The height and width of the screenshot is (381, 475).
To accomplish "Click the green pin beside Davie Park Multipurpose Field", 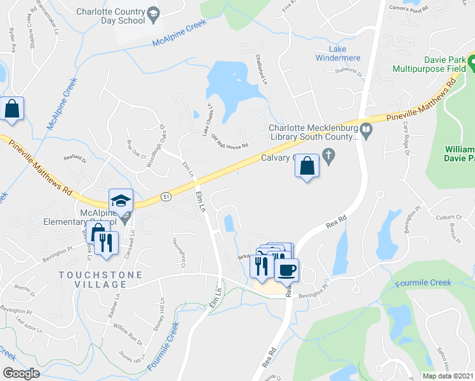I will coord(472,62).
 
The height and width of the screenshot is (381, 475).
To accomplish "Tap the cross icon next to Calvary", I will coord(328,154).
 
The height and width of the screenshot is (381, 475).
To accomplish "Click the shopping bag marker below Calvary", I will coord(307,166).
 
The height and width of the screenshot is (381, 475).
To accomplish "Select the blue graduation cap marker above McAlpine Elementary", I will coord(121,201).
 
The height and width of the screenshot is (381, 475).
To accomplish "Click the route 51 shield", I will coord(166,197).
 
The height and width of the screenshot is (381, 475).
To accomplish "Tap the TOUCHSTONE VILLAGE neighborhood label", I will coord(93,275).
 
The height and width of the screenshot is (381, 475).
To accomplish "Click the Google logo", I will coord(21,373).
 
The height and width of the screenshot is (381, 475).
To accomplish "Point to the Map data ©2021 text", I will coord(448,376).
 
